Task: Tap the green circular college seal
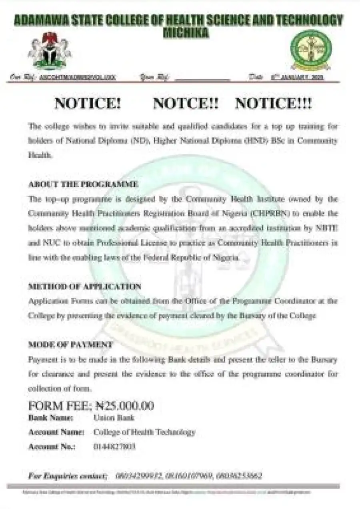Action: tap(311, 50)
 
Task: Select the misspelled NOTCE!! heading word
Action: tap(186, 104)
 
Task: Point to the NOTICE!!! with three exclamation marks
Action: tap(273, 104)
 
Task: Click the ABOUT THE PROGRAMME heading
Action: tap(83, 184)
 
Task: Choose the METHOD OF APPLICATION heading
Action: tap(85, 287)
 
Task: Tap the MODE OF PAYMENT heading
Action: tap(70, 345)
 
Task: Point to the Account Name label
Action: tap(56, 432)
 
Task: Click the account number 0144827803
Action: tap(114, 447)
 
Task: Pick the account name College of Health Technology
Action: tap(144, 432)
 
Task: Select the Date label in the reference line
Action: tap(256, 77)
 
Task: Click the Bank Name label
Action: tap(51, 418)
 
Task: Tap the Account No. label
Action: tap(52, 447)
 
